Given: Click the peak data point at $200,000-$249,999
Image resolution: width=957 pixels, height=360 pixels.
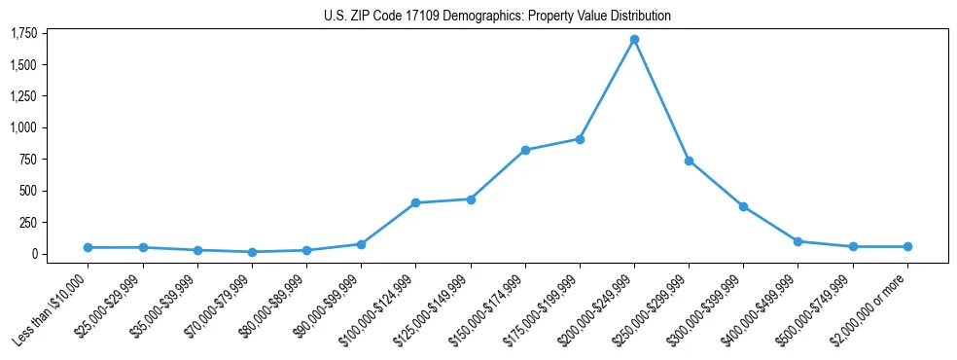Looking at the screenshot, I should (x=634, y=40).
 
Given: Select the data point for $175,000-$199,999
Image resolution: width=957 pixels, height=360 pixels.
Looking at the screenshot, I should (x=580, y=139).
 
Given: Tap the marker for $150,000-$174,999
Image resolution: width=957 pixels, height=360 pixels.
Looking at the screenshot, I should (x=525, y=150).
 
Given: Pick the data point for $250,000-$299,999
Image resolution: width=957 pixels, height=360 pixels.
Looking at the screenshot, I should (x=689, y=161).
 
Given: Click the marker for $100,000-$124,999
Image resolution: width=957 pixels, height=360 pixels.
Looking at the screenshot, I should (x=415, y=202).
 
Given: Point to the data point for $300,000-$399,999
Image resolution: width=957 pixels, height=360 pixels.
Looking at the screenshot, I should (x=743, y=206).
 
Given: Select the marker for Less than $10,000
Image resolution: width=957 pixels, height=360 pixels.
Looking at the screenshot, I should (x=88, y=247).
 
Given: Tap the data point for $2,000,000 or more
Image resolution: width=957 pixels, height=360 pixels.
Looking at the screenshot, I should (x=907, y=246).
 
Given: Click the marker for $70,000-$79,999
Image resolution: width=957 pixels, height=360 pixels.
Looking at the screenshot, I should (x=252, y=252).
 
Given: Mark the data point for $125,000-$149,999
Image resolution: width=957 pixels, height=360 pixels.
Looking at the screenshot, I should (x=471, y=199).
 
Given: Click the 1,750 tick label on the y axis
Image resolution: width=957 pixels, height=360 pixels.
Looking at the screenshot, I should (x=23, y=34).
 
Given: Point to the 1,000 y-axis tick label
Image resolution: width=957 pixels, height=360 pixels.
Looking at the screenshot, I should (x=23, y=127).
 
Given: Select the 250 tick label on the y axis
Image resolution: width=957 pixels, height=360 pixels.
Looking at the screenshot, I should (x=28, y=223).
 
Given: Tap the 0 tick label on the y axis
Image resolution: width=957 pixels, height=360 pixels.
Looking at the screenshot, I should (x=34, y=254).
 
